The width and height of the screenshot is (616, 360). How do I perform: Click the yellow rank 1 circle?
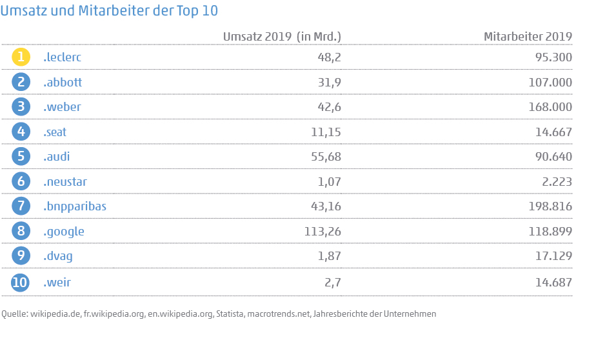21,57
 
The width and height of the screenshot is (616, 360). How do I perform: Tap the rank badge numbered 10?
21,282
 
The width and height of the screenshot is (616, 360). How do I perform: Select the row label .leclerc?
62,57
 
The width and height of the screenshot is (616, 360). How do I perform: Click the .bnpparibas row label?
75,206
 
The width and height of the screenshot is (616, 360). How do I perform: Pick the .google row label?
64,231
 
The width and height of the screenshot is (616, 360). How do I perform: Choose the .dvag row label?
58,256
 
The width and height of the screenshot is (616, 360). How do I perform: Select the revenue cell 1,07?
328,181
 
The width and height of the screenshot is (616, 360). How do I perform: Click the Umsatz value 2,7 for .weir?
332,282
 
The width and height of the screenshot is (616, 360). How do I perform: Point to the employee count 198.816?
548,206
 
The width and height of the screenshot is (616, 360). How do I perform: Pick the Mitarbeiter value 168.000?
548,107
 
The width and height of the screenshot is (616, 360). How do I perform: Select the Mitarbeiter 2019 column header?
528,36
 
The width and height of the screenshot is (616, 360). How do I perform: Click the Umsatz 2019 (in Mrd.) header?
282,36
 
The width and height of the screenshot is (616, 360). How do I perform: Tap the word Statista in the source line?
230,314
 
